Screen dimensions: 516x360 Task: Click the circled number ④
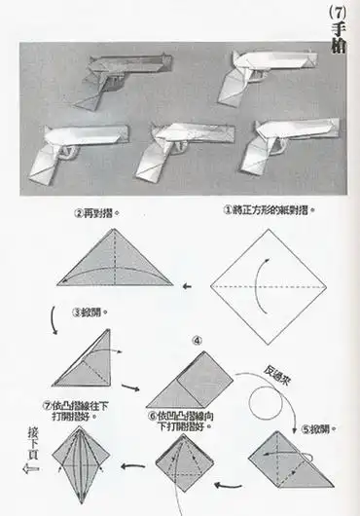tap(198, 340)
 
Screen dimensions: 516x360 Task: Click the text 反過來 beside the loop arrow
tap(280, 372)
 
